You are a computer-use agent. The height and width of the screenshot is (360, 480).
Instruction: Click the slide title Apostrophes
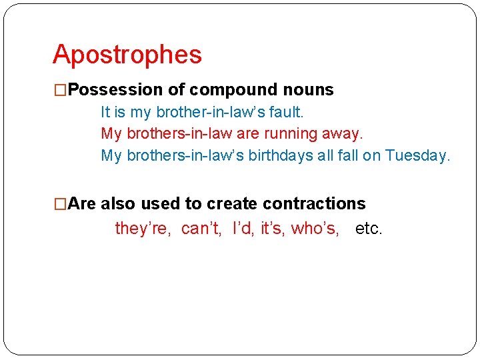tap(127, 55)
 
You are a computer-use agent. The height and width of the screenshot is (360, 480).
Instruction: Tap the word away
tap(341, 133)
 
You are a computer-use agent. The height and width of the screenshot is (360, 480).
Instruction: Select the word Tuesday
tap(418, 155)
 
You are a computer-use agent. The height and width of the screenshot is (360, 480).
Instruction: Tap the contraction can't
tap(201, 229)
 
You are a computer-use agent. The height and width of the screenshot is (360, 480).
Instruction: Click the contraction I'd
tap(243, 229)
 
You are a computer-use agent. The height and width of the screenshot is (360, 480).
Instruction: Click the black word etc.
tap(369, 229)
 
